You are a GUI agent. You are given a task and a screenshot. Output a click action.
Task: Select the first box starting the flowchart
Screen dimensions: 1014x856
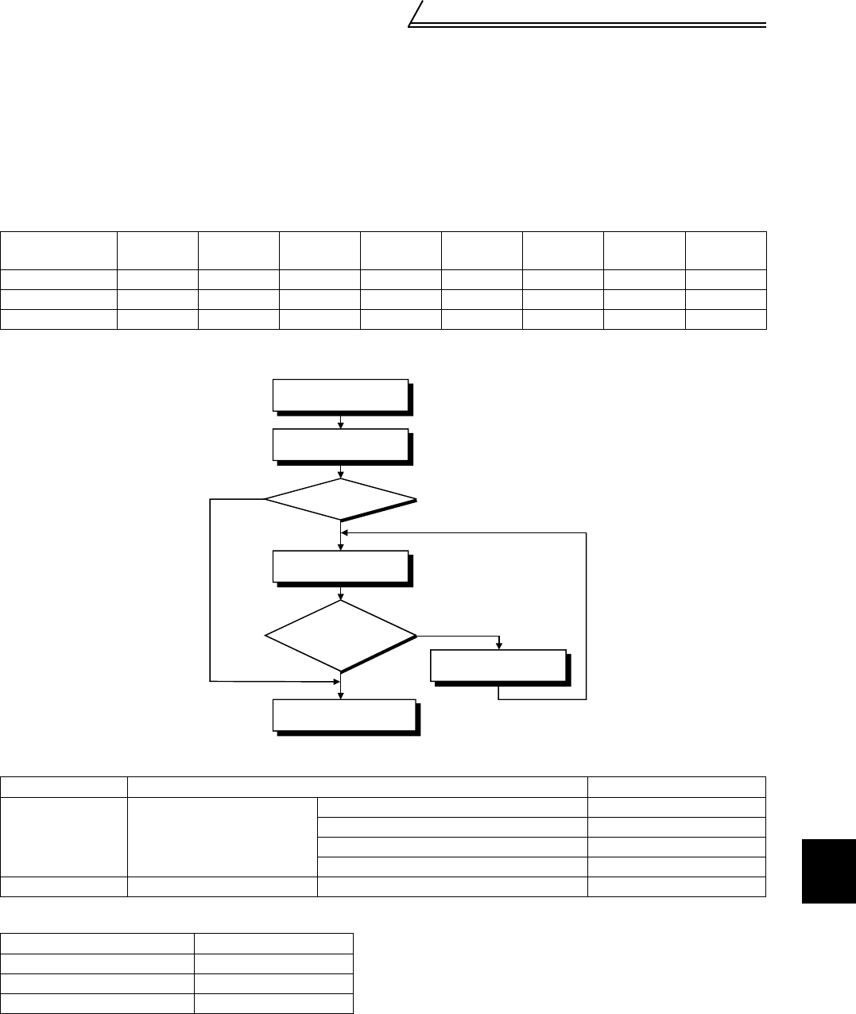341,396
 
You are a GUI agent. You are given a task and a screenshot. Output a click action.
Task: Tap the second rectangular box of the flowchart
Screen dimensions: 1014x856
341,445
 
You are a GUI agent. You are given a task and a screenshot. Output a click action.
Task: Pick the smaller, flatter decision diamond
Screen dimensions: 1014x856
341,499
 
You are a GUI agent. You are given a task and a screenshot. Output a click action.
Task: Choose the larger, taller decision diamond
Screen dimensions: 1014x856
341,637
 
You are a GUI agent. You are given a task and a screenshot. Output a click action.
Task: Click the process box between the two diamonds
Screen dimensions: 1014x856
341,567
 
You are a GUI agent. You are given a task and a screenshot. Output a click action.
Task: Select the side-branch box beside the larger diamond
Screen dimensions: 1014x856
498,665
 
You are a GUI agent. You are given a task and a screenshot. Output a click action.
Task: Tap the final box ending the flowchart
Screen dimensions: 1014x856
343,714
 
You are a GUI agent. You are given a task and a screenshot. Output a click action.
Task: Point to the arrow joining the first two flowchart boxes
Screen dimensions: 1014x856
341,421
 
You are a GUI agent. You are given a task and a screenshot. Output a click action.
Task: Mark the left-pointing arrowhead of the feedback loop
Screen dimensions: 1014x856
344,533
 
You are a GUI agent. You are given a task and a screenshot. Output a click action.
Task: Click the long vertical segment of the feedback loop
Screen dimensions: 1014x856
587,616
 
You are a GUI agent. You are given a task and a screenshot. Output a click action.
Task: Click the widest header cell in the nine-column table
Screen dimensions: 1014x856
59,250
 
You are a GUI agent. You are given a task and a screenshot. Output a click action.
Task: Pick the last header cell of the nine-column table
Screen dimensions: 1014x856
726,250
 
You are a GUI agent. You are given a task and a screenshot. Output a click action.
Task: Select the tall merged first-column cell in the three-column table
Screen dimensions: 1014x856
64,837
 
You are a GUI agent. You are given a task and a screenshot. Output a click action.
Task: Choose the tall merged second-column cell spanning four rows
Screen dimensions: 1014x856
222,837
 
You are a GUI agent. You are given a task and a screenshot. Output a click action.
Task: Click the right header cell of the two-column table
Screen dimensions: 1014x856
273,943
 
